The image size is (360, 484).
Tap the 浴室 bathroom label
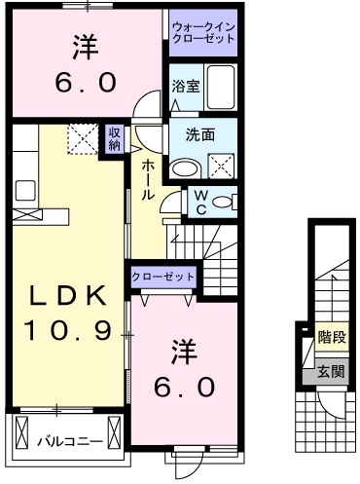click(x=186, y=87)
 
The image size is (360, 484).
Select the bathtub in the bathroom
click(x=222, y=91)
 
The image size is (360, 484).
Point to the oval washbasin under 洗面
click(x=182, y=167)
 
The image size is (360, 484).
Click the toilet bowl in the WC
click(x=223, y=202)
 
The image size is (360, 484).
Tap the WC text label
click(x=198, y=203)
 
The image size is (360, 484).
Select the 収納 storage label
click(x=114, y=138)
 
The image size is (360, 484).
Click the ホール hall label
click(x=146, y=180)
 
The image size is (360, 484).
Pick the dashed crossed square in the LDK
click(x=82, y=139)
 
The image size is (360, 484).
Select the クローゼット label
click(x=162, y=278)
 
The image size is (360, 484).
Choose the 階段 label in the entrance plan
click(x=332, y=338)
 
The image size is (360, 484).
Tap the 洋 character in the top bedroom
click(x=86, y=47)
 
